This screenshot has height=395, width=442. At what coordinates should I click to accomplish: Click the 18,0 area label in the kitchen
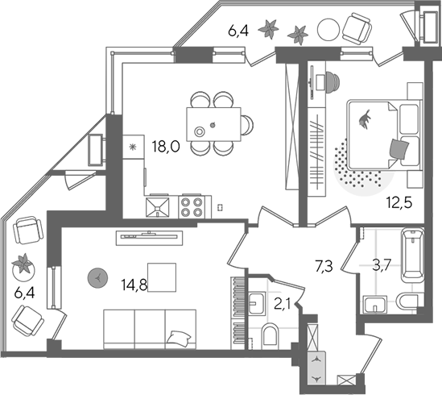tap(166, 146)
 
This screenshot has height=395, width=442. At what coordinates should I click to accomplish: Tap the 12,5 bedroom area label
tap(399, 202)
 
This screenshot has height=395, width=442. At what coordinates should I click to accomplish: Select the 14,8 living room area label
tap(134, 285)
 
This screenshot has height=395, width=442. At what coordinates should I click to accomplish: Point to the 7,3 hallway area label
tap(324, 267)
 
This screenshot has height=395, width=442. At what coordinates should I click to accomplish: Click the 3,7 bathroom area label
tap(382, 266)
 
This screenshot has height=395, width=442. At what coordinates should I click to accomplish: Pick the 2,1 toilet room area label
tap(283, 305)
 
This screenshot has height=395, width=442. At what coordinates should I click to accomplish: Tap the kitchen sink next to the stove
tap(158, 207)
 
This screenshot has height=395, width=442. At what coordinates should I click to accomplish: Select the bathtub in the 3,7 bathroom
tap(412, 256)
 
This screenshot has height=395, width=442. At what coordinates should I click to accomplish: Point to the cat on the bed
tap(364, 120)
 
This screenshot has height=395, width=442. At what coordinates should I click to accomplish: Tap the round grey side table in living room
tap(97, 278)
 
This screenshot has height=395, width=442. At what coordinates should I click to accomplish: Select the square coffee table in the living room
tap(162, 277)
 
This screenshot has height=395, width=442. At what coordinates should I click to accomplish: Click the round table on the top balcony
tap(328, 29)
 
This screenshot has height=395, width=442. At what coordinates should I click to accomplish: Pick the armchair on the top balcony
tap(357, 29)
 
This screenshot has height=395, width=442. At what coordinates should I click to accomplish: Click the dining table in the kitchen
tap(213, 124)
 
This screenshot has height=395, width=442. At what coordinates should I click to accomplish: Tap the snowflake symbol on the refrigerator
tap(132, 147)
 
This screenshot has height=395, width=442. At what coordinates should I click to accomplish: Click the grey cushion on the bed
tap(399, 149)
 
